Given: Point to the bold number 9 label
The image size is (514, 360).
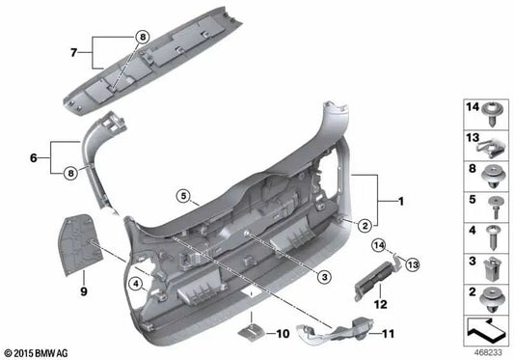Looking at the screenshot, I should tap(83, 289).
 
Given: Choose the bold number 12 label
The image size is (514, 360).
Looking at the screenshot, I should tap(380, 303).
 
